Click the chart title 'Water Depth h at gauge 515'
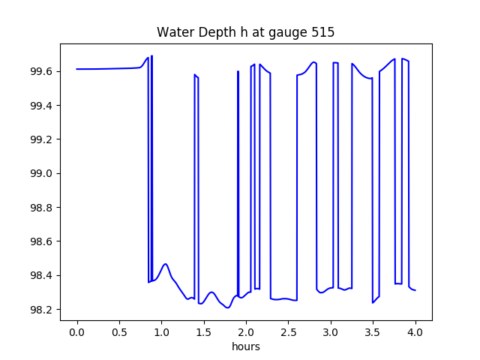tap(245, 33)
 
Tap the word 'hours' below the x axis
tap(245, 347)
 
